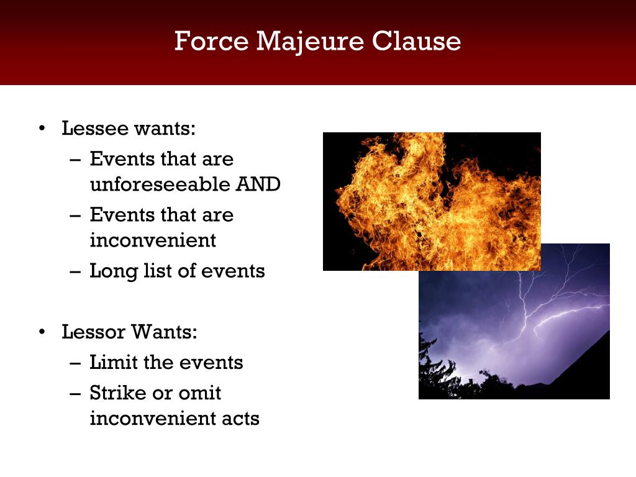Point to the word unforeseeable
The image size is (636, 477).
point(160,184)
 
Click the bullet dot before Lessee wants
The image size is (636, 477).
point(42,129)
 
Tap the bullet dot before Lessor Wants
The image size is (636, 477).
point(42,332)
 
